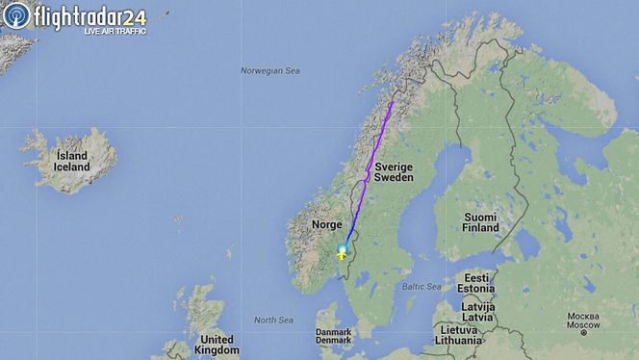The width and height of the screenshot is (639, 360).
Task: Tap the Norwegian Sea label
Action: pos(270,70)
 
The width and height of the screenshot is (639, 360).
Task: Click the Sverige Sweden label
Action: pos(394,172)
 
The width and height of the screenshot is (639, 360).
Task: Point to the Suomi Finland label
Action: pos(480,222)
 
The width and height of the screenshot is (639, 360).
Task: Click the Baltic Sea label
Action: pos(422,287)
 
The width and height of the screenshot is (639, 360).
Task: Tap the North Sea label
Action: pos(272,320)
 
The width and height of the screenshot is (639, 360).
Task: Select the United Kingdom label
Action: pos(216,345)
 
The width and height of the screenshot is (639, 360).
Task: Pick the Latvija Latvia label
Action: pos(478,311)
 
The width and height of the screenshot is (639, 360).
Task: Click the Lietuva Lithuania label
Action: pos(457,334)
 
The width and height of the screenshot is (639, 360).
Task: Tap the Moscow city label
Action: pos(583,321)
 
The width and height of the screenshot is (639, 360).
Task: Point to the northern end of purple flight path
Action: pos(392,101)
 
